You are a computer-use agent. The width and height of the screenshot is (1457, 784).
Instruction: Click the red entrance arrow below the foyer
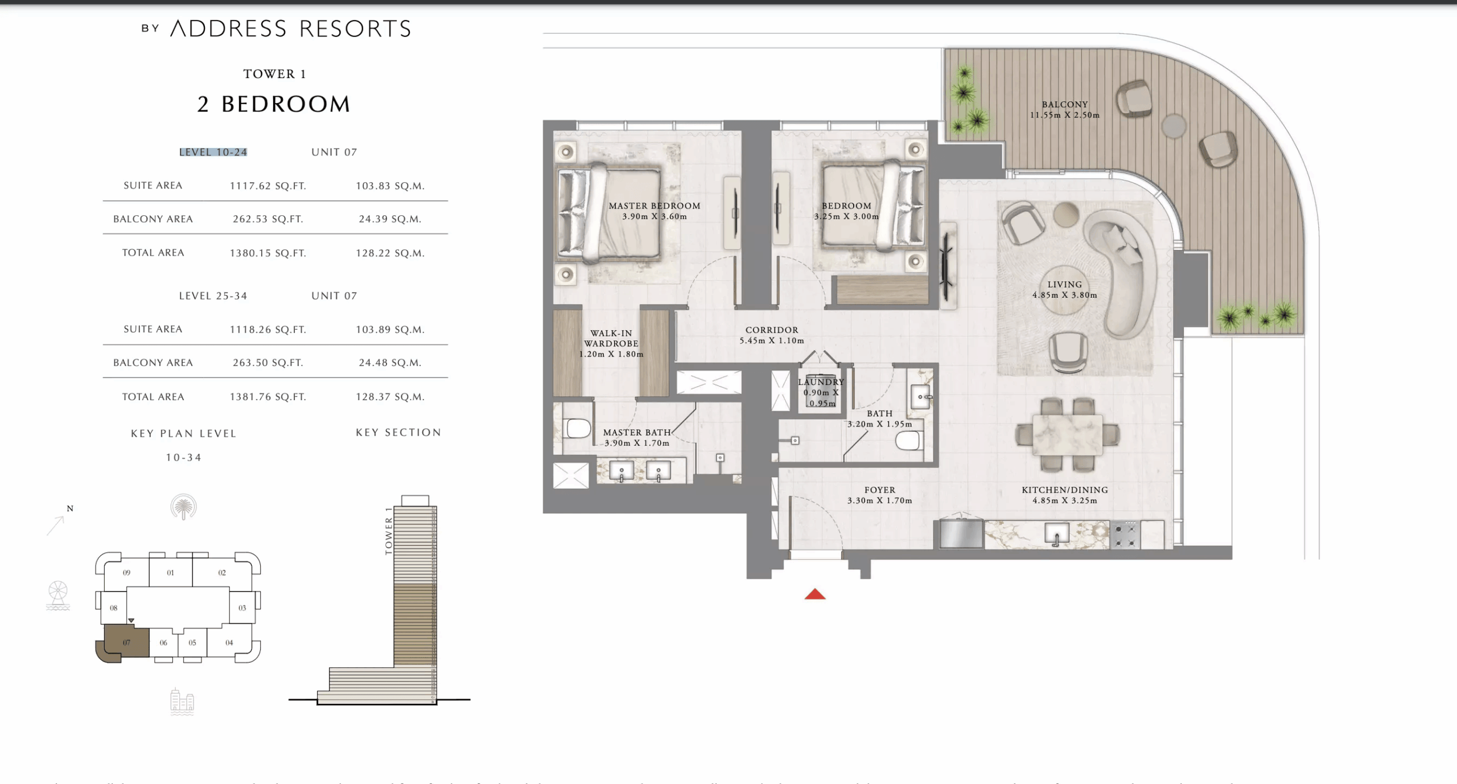tap(815, 595)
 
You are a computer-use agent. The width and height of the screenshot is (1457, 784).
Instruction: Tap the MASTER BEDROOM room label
tap(654, 206)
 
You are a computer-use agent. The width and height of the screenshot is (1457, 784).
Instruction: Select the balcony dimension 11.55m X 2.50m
tap(1064, 115)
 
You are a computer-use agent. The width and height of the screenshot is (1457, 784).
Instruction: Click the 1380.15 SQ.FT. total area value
tap(267, 253)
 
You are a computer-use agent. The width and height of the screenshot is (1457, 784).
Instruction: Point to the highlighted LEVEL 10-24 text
tap(213, 152)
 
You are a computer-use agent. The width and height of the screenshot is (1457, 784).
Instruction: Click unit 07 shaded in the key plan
tap(126, 643)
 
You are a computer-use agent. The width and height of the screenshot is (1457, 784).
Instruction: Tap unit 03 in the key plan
tap(242, 608)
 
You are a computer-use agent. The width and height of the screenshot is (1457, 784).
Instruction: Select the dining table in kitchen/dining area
tap(1067, 435)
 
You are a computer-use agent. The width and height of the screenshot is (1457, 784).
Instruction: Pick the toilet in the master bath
tap(578, 428)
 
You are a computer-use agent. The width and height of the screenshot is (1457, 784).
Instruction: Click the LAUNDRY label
tap(821, 382)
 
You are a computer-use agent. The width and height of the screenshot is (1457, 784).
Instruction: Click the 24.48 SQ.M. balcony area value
tap(390, 363)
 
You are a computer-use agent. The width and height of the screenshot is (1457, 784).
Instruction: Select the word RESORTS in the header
tap(355, 29)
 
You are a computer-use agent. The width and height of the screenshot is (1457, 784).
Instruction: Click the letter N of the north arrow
tap(70, 508)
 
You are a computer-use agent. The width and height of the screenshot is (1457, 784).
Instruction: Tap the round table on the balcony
tap(1173, 126)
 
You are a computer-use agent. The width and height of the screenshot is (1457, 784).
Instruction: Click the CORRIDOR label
tap(772, 330)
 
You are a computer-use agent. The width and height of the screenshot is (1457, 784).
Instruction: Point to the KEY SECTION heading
tap(398, 433)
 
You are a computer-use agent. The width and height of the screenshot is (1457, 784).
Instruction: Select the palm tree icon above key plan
tap(183, 507)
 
